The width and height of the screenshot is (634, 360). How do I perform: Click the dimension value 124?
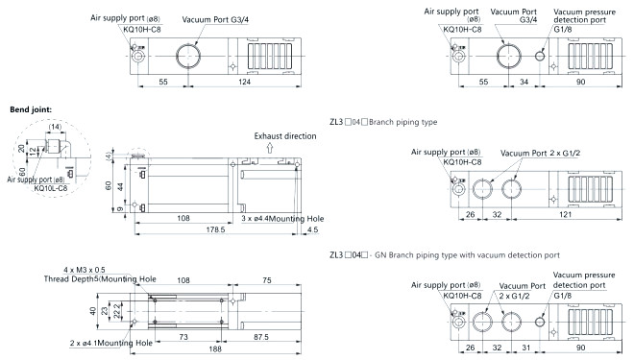click(244, 82)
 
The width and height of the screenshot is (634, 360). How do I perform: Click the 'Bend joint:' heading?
click(31, 109)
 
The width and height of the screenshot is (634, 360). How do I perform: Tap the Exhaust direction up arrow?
click(270, 148)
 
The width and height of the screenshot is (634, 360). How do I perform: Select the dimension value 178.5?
click(215, 229)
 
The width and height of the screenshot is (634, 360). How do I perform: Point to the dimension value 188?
click(215, 348)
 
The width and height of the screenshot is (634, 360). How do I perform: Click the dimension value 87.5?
click(260, 337)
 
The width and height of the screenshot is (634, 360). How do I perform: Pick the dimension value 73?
click(183, 337)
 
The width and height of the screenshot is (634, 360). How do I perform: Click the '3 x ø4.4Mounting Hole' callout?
click(282, 219)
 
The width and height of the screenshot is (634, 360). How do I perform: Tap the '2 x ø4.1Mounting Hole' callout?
click(110, 343)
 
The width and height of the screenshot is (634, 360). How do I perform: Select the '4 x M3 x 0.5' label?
click(85, 270)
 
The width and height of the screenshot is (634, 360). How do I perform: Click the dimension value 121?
click(565, 214)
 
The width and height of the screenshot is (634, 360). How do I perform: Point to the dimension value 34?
click(524, 82)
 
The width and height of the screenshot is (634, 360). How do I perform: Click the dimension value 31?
click(526, 348)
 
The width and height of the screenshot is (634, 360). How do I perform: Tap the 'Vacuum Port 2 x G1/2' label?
click(540, 154)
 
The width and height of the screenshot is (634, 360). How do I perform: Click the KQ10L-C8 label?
click(51, 188)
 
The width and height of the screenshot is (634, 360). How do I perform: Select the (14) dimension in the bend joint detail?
click(55, 127)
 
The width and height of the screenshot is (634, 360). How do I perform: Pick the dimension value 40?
click(93, 311)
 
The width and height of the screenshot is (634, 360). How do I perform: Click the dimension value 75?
click(267, 280)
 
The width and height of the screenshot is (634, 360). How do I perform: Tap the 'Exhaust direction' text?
click(285, 136)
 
